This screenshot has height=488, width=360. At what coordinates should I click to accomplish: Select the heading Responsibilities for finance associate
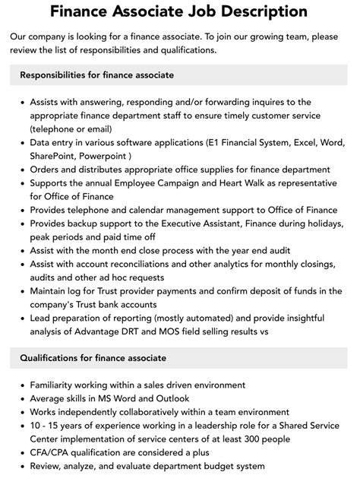click(97, 74)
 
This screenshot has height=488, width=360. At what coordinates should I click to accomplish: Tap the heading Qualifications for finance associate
click(93, 357)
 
